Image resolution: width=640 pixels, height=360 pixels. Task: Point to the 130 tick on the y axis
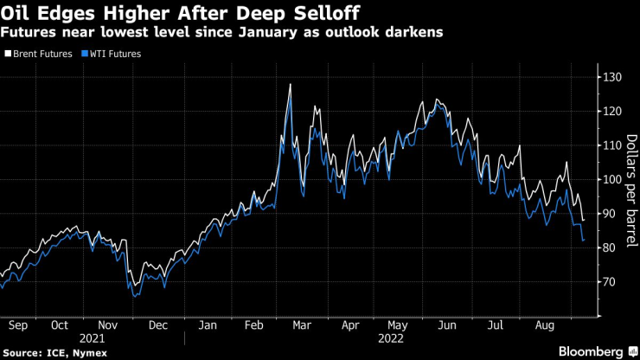click(612, 78)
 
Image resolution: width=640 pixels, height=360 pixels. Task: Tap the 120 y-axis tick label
click(612, 112)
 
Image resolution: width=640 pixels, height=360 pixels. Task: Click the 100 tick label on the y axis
click(612, 180)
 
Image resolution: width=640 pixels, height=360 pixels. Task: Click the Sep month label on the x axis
click(17, 326)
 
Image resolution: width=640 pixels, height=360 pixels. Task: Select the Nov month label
click(110, 326)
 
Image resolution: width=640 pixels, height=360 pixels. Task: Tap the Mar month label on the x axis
click(303, 326)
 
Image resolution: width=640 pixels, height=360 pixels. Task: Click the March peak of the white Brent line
click(290, 84)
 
